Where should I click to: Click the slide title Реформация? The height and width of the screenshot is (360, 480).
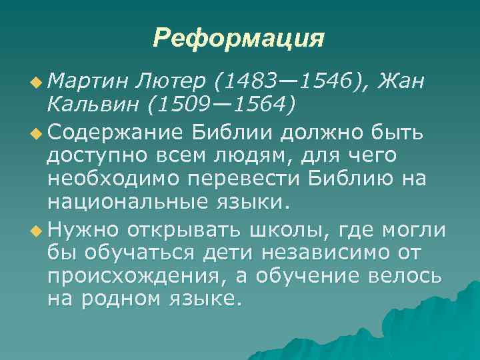(239, 37)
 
